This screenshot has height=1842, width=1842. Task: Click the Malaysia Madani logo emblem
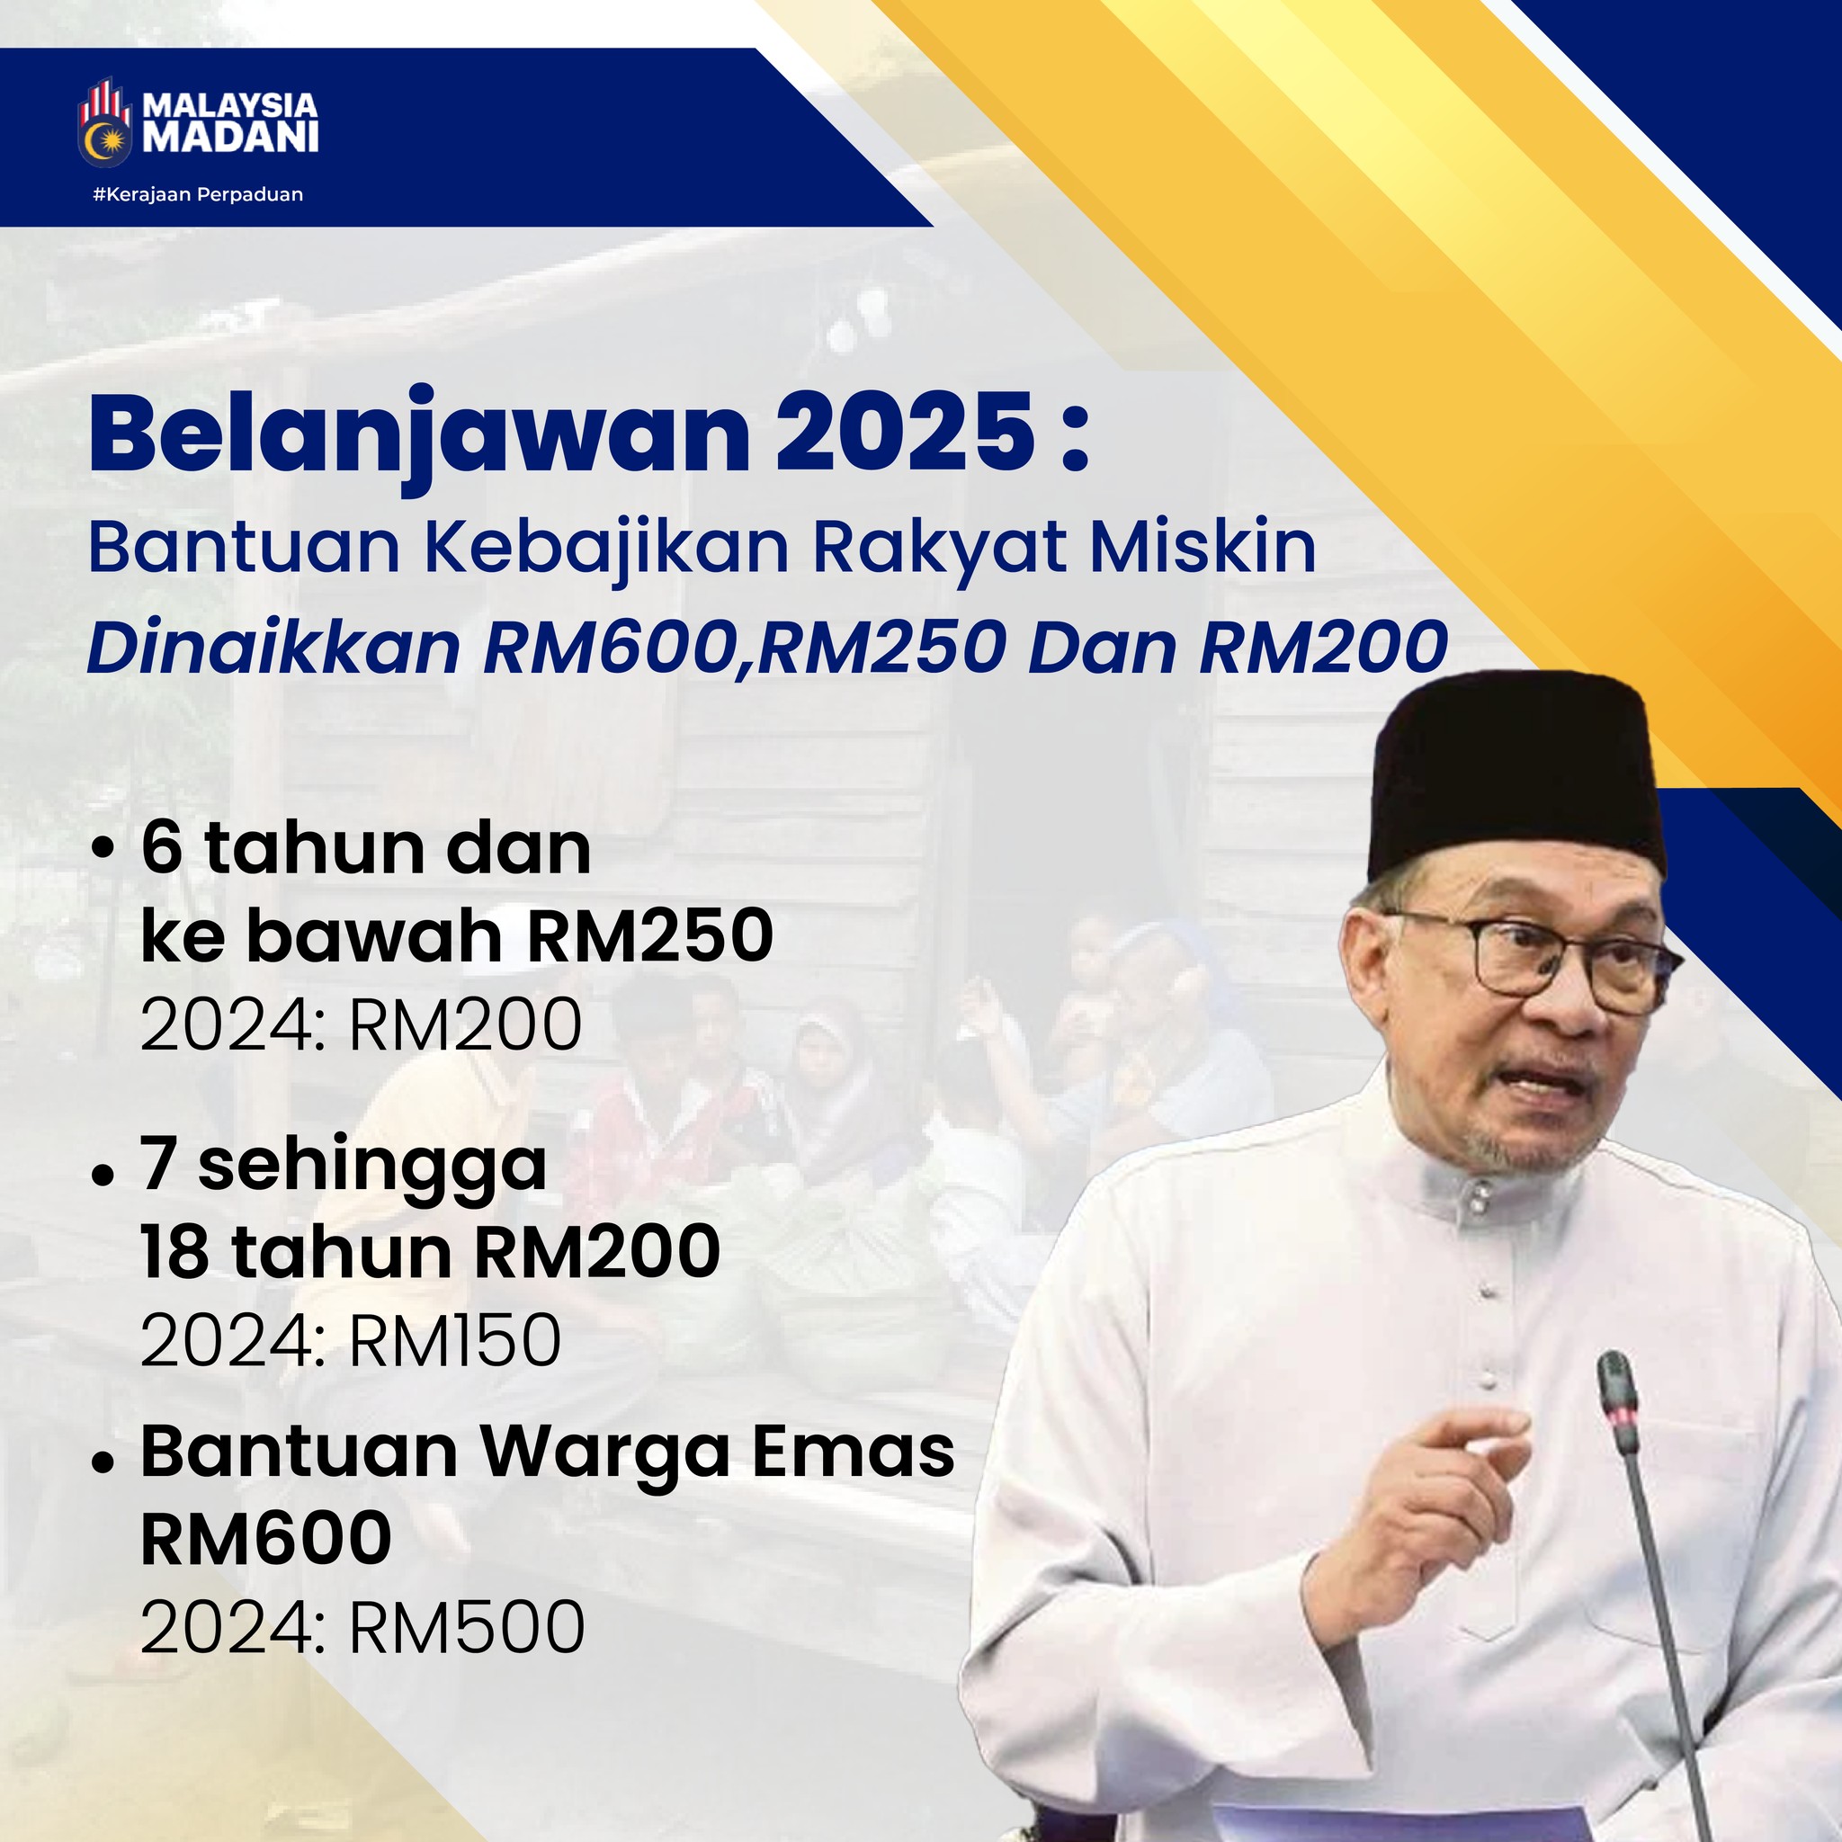point(105,125)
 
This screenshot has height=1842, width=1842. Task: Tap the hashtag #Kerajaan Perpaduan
point(198,194)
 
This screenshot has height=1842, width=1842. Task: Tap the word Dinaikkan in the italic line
point(274,648)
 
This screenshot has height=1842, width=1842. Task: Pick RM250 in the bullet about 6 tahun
point(650,936)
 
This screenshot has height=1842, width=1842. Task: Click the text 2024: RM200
point(362,1025)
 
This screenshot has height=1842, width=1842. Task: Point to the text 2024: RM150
point(351,1339)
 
